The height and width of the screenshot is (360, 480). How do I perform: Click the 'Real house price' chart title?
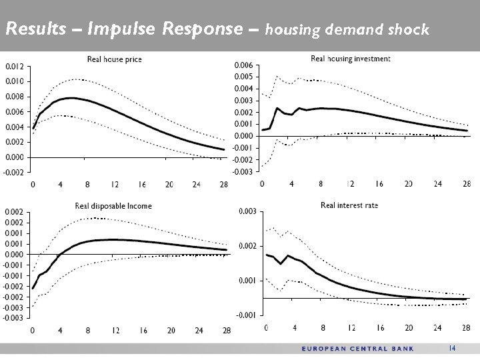click(115, 60)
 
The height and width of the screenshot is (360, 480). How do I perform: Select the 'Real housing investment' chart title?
click(351, 59)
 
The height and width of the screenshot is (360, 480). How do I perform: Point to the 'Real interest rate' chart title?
click(349, 205)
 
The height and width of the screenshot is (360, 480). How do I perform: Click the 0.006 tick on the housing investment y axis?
click(242, 65)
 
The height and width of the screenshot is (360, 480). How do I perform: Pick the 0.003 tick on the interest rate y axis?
click(248, 211)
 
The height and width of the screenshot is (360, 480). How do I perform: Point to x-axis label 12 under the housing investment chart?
click(350, 184)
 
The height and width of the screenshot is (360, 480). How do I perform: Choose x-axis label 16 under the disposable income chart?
click(143, 331)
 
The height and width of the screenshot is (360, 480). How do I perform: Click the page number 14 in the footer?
click(452, 348)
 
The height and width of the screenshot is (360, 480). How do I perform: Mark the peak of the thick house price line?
click(70, 98)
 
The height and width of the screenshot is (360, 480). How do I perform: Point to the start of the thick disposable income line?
click(33, 288)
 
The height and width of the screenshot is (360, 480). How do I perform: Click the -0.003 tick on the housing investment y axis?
click(242, 172)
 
